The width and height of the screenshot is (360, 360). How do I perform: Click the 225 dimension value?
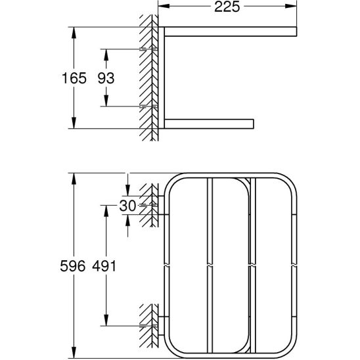click(227, 7)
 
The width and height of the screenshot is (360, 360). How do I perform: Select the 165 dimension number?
click(74, 78)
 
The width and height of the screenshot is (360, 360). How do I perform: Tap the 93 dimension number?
click(106, 78)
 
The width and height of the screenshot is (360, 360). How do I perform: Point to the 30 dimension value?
click(127, 206)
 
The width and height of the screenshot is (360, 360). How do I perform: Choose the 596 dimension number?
click(72, 266)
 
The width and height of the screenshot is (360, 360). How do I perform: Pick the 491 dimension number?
click(104, 266)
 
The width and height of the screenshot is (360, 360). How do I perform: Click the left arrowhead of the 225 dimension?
click(164, 6)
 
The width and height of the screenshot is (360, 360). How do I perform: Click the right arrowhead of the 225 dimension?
click(291, 6)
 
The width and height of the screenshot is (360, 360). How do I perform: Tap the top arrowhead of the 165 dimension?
click(74, 33)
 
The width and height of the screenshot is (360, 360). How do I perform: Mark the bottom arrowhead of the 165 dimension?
click(74, 123)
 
